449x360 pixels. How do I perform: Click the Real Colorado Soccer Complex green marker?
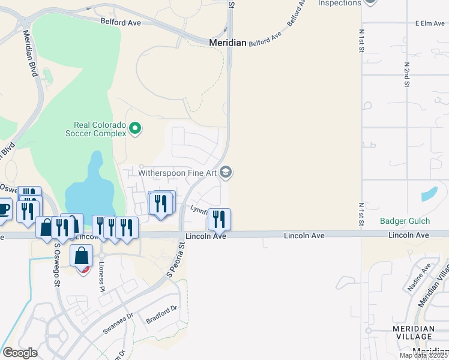point(135,128)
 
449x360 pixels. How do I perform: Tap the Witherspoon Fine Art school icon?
point(226,173)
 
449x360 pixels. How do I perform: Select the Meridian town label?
point(228,43)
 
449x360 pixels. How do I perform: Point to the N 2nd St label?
point(406,74)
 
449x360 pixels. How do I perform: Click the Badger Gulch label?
point(405,221)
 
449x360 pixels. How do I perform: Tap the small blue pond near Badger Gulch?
point(429,194)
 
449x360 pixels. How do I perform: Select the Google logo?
point(20,353)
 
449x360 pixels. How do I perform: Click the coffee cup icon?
point(4,208)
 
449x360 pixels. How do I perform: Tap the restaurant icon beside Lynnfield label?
point(219,218)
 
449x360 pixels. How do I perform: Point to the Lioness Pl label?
point(101,272)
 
